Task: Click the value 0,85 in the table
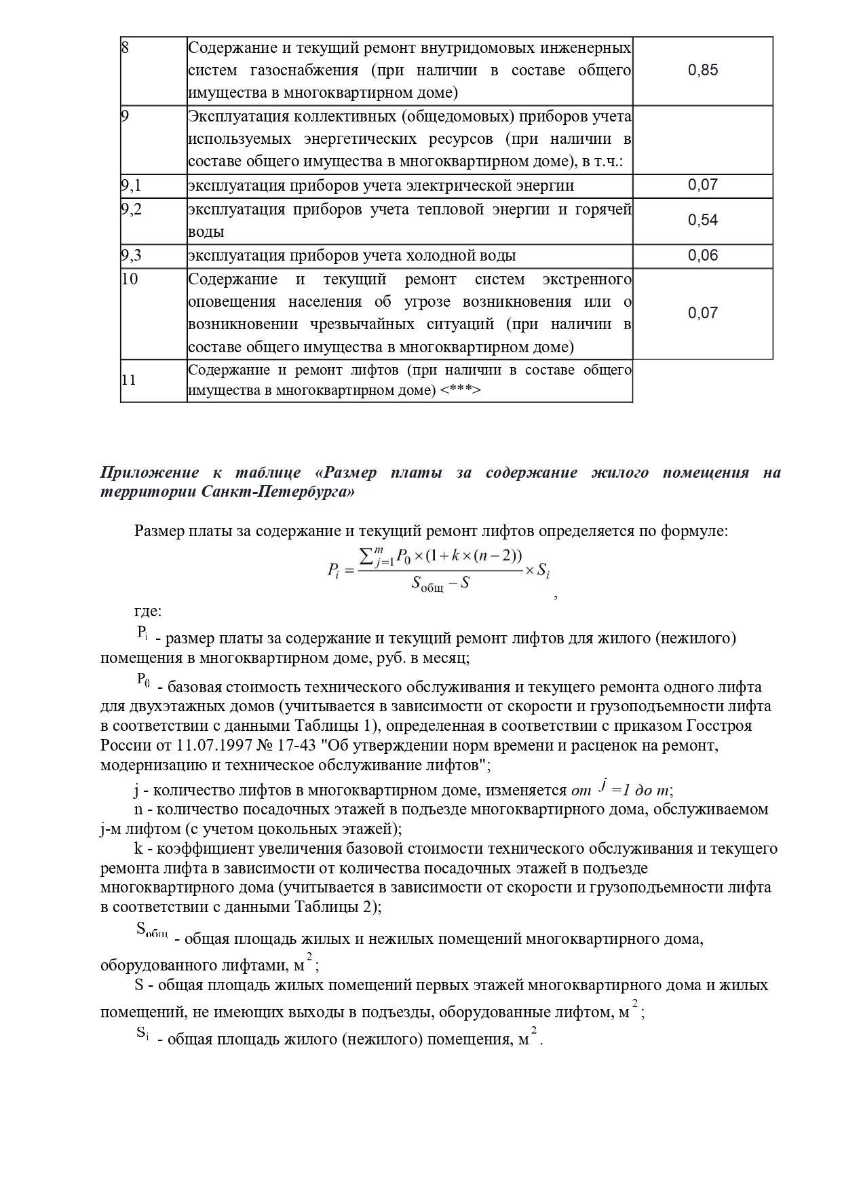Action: tap(702, 71)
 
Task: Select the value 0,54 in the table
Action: tap(702, 221)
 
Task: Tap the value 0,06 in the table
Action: tap(702, 256)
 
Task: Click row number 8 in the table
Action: tap(125, 48)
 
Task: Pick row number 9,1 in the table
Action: tap(131, 185)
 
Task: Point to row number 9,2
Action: tap(131, 209)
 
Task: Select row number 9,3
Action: tap(131, 256)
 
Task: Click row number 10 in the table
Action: tap(129, 279)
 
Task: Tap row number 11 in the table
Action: tap(128, 380)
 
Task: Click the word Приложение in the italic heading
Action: tap(149, 472)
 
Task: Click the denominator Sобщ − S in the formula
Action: tap(440, 583)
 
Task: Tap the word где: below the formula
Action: tap(148, 611)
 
